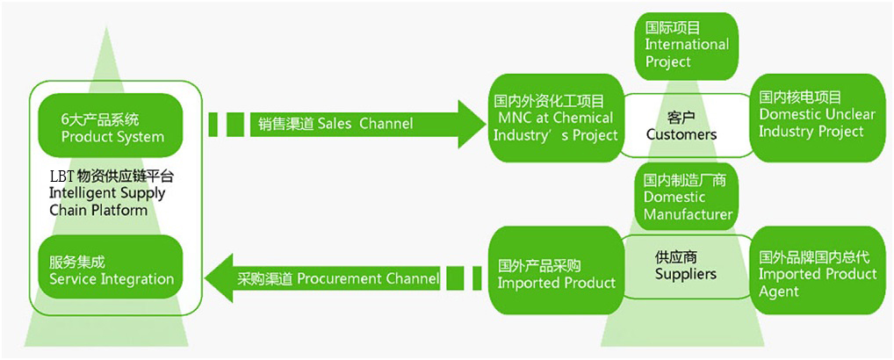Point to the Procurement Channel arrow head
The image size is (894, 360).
(220, 278)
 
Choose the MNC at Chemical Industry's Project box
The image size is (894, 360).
(554, 118)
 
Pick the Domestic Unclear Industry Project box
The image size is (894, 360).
(817, 116)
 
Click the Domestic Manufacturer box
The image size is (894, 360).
(687, 198)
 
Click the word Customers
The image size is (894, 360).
(681, 134)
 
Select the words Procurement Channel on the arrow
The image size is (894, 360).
(368, 279)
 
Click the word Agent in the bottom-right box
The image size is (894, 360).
(779, 292)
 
